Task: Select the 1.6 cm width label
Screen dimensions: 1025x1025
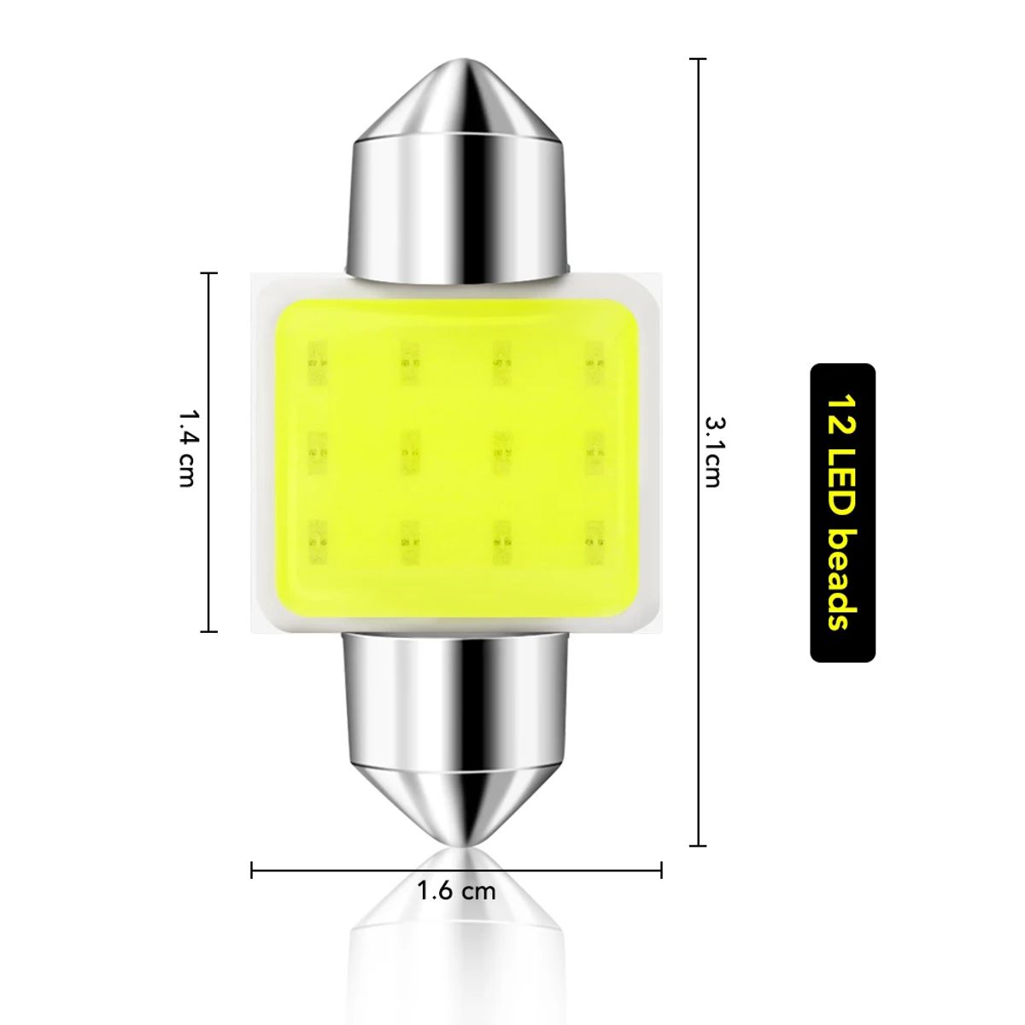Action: point(456,891)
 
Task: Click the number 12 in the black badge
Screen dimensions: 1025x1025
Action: point(842,411)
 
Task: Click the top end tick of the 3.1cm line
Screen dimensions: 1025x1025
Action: point(698,59)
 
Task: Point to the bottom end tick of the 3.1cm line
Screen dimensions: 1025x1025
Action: point(698,846)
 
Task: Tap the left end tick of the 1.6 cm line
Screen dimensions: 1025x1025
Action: point(252,870)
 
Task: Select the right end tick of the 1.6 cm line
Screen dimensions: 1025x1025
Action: point(662,870)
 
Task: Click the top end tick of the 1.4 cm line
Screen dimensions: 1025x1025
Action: point(208,273)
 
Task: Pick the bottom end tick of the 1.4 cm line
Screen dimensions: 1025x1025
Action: point(208,631)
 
